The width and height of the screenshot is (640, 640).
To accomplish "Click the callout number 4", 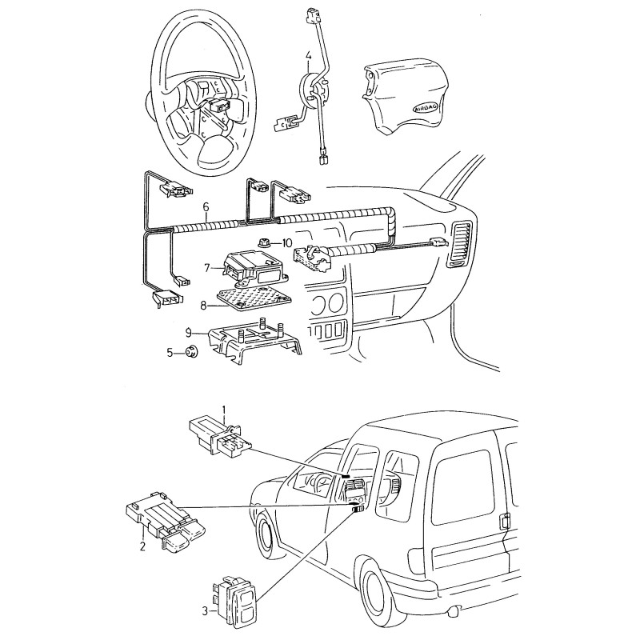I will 308,56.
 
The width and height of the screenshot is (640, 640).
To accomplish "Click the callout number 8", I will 203,304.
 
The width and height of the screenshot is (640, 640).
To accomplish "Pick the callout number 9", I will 188,330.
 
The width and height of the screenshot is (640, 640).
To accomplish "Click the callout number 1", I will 225,412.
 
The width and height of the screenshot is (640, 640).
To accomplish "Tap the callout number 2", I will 142,547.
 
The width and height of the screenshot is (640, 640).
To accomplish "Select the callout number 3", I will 205,612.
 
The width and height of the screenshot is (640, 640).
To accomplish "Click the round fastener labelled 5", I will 192,351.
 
